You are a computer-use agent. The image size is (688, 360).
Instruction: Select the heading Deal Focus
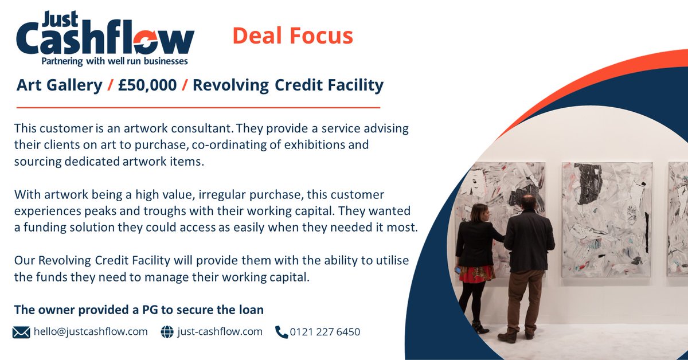click(x=292, y=36)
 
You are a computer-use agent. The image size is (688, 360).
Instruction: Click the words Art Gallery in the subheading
click(x=59, y=85)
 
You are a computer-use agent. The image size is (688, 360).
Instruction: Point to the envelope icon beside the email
click(x=21, y=332)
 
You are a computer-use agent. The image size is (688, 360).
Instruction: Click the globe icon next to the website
click(x=167, y=332)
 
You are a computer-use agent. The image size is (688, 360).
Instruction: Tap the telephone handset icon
click(x=282, y=332)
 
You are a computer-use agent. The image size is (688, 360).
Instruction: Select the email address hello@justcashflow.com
click(x=90, y=331)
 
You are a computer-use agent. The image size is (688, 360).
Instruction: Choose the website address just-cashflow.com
click(x=220, y=331)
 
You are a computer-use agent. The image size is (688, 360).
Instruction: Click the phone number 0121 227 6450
click(x=325, y=331)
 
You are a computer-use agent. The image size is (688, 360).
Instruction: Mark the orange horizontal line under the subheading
click(x=198, y=107)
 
